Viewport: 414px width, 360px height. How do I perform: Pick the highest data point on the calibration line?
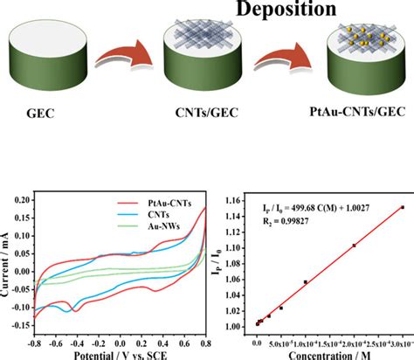pyautogui.click(x=402, y=207)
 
